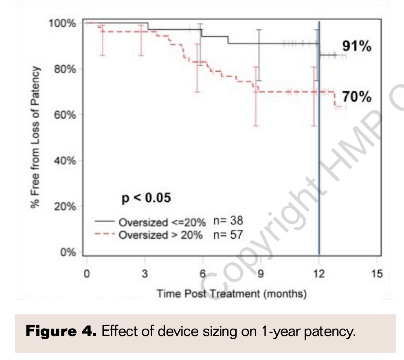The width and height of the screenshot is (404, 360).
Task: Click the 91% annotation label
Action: pyautogui.click(x=356, y=46)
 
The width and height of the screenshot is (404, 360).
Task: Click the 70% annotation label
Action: pyautogui.click(x=356, y=97)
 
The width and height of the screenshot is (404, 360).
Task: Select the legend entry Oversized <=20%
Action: pyautogui.click(x=160, y=222)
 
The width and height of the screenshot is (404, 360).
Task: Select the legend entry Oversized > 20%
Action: pyautogui.click(x=160, y=235)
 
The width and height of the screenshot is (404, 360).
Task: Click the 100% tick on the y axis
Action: pyautogui.click(x=62, y=23)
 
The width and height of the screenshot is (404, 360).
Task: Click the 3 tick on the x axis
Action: pyautogui.click(x=145, y=274)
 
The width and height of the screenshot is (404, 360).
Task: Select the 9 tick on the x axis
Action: pyautogui.click(x=261, y=274)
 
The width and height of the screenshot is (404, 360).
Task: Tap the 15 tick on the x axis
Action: pyautogui.click(x=377, y=274)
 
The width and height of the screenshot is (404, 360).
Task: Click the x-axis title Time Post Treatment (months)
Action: pyautogui.click(x=232, y=293)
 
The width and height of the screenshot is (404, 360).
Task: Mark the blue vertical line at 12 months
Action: pyautogui.click(x=319, y=163)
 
